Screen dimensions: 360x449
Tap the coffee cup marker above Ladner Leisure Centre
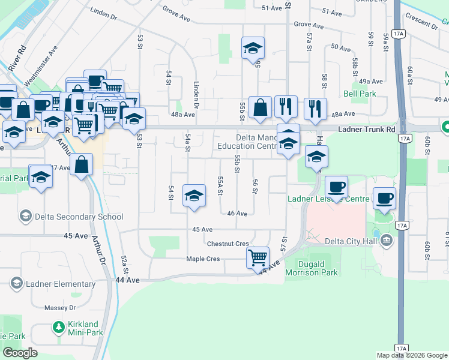click(x=336, y=186)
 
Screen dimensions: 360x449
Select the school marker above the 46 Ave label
click(x=193, y=196)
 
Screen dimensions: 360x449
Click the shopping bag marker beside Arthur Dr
click(x=81, y=164)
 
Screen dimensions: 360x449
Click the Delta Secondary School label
click(x=79, y=217)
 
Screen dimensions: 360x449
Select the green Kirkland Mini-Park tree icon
click(x=58, y=327)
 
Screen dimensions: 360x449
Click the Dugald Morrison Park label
click(x=319, y=268)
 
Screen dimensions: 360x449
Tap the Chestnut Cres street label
click(x=228, y=244)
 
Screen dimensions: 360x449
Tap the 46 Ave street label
click(x=237, y=214)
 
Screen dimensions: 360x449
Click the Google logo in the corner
click(x=20, y=353)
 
